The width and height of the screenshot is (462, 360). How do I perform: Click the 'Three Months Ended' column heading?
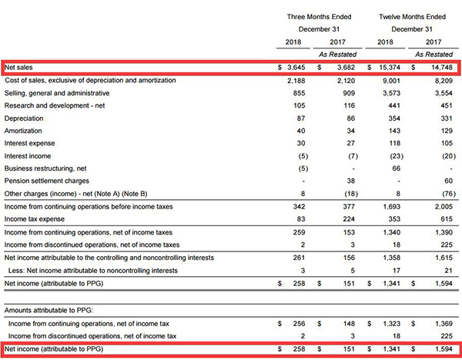tap(319, 17)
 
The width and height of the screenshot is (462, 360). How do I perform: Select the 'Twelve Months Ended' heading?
tap(412, 17)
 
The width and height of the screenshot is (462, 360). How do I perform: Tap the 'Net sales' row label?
tap(18, 68)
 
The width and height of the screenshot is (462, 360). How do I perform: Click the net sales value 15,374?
tap(390, 68)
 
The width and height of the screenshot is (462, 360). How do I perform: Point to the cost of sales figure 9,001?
tap(392, 80)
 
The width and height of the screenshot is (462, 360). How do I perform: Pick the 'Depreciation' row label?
tap(24, 118)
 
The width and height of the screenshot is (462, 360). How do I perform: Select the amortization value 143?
tap(394, 131)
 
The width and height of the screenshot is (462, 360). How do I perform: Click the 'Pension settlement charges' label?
tap(46, 181)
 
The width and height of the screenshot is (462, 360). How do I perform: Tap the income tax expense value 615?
tap(447, 219)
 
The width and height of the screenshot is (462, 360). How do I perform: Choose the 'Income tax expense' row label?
tap(34, 219)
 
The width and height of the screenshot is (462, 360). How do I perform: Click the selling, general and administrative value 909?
tap(349, 93)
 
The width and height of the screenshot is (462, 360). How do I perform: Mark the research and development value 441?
tap(394, 105)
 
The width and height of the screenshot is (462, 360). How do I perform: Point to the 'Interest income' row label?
tap(28, 156)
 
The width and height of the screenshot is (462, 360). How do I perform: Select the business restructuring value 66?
tap(397, 168)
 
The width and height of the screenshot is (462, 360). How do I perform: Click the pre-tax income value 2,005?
tap(444, 206)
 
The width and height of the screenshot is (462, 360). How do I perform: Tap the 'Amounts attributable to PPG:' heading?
tap(49, 310)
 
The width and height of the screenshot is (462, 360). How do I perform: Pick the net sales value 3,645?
tap(296, 68)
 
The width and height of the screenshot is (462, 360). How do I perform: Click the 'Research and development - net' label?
tap(55, 105)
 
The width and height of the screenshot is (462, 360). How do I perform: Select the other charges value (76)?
tap(449, 194)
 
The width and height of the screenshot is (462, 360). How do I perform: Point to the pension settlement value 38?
tap(350, 181)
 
